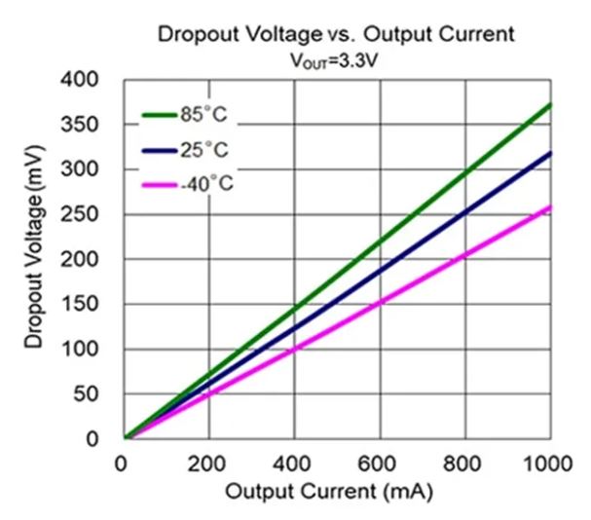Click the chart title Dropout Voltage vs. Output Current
pyautogui.click(x=336, y=36)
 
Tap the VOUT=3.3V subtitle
pyautogui.click(x=337, y=58)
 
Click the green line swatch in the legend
pyautogui.click(x=159, y=114)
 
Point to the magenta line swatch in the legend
pyautogui.click(x=159, y=183)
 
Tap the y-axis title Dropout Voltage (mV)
pyautogui.click(x=36, y=257)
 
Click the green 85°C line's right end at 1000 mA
pyautogui.click(x=550, y=104)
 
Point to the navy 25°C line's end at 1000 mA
pyautogui.click(x=550, y=153)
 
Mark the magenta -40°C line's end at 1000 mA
pyautogui.click(x=550, y=206)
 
